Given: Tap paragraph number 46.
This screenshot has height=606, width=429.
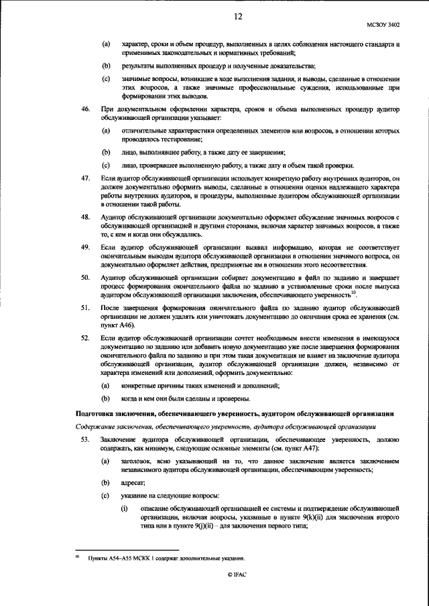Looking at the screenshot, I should pyautogui.click(x=85, y=108).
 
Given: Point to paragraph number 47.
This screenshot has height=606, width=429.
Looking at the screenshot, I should pyautogui.click(x=85, y=180).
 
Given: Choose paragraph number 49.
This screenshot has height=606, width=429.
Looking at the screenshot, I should pyautogui.click(x=85, y=247).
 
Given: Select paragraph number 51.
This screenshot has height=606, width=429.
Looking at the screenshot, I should pyautogui.click(x=85, y=307).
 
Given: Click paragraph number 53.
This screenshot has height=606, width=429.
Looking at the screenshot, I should pyautogui.click(x=85, y=439).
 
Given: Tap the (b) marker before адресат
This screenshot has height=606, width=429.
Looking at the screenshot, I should pyautogui.click(x=105, y=482).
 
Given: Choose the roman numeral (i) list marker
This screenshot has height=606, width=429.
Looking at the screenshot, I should pyautogui.click(x=125, y=509).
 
